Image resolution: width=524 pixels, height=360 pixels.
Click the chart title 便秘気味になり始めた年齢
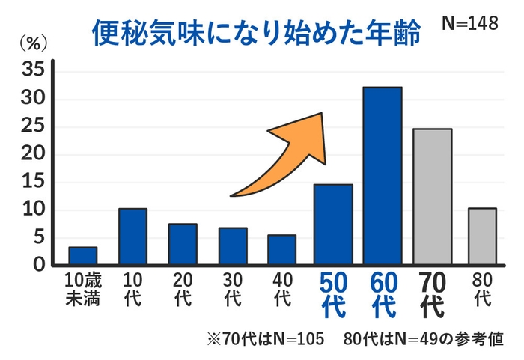255,34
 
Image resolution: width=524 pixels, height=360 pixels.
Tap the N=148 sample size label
469,23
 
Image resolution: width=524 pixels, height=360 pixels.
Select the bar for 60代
383,176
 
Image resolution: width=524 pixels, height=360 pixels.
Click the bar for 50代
332,225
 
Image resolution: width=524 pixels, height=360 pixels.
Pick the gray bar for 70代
432,197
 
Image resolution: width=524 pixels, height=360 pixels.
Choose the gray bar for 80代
482,237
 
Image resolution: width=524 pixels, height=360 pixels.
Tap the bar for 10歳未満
83,256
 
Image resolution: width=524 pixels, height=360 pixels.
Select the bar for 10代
132,237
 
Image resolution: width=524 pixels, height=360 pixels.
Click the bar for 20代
183,244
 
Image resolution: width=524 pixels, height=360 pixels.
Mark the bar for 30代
233,246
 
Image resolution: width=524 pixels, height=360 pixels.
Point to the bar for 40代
282,250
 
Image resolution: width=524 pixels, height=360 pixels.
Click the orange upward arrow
284,155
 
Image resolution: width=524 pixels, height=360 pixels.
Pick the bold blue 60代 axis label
383,294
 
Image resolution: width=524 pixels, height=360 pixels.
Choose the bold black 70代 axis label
432,294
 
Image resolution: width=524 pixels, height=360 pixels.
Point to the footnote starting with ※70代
356,338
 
